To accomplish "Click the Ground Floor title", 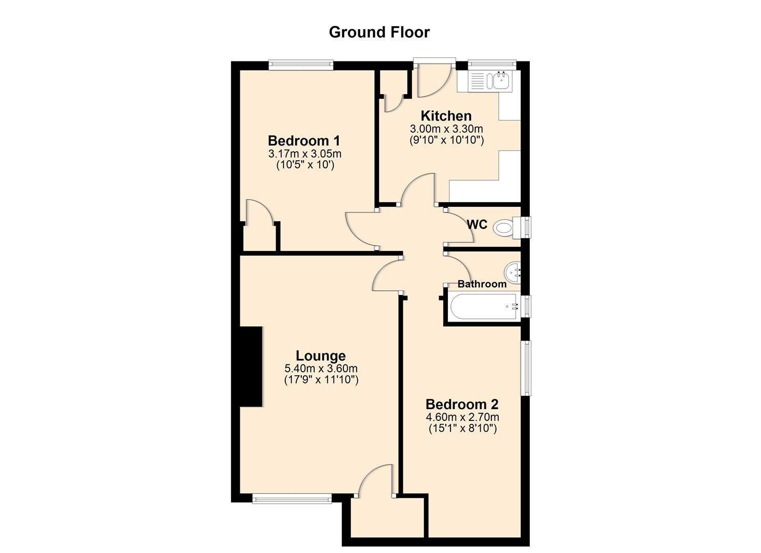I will click(379, 32).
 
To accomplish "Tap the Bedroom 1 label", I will click(304, 140).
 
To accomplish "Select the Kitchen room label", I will click(446, 116).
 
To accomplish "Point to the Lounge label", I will click(321, 355).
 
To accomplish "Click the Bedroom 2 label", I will click(462, 404).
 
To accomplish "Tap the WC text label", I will click(477, 224).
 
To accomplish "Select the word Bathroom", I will click(482, 284).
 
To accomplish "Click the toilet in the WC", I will click(505, 227).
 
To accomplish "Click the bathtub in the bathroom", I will click(484, 306).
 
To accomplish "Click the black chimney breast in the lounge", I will click(251, 367).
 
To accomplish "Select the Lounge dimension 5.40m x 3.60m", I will click(321, 368).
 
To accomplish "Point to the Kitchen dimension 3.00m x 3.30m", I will click(446, 129).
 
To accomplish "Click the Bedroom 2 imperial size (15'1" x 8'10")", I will click(462, 429).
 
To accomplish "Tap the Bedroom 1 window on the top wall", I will click(301, 65).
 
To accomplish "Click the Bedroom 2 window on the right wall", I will click(526, 368).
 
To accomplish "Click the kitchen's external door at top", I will click(434, 77).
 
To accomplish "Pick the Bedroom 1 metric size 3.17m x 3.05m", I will click(304, 154).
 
